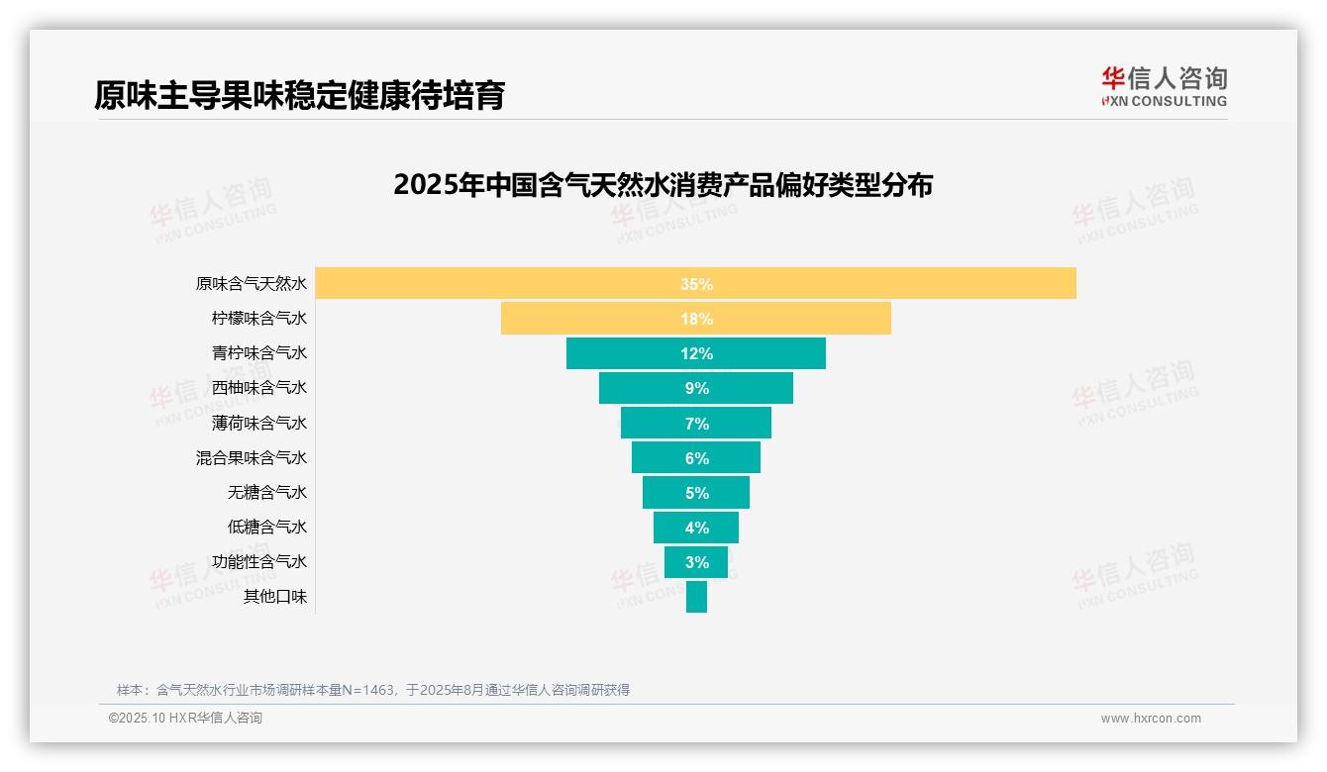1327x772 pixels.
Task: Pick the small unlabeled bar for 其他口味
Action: [696, 597]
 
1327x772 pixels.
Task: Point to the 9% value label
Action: [696, 388]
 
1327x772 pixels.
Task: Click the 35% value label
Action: [696, 284]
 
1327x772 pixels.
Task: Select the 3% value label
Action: [696, 562]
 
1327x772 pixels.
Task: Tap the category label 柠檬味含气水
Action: [259, 319]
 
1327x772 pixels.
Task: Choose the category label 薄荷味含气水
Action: [259, 423]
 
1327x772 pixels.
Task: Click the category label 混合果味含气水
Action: [252, 457]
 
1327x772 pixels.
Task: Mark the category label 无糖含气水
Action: [267, 492]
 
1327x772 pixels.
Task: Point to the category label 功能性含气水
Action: [259, 561]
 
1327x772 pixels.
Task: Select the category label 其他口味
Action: [275, 597]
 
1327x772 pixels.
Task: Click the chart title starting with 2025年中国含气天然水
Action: [663, 185]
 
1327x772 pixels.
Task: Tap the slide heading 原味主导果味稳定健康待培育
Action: [300, 95]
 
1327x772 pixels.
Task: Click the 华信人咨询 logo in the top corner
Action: [1164, 86]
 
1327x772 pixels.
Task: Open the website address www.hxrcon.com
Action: [1151, 719]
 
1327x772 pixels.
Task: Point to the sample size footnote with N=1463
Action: [373, 690]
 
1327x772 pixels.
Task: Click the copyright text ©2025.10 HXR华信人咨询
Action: [185, 719]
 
